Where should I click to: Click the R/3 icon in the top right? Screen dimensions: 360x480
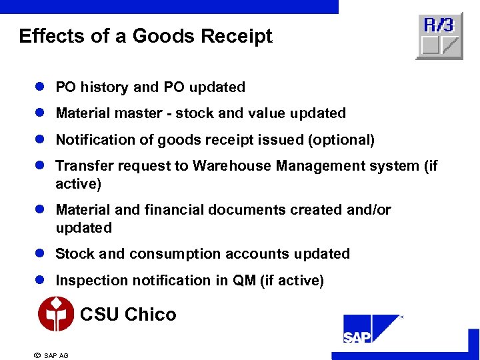[439, 36]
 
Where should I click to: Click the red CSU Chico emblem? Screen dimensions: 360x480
[56, 314]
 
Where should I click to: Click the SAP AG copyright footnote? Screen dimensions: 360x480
[51, 355]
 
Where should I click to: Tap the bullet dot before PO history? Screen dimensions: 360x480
[41, 87]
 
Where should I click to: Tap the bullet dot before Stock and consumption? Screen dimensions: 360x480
[41, 254]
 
